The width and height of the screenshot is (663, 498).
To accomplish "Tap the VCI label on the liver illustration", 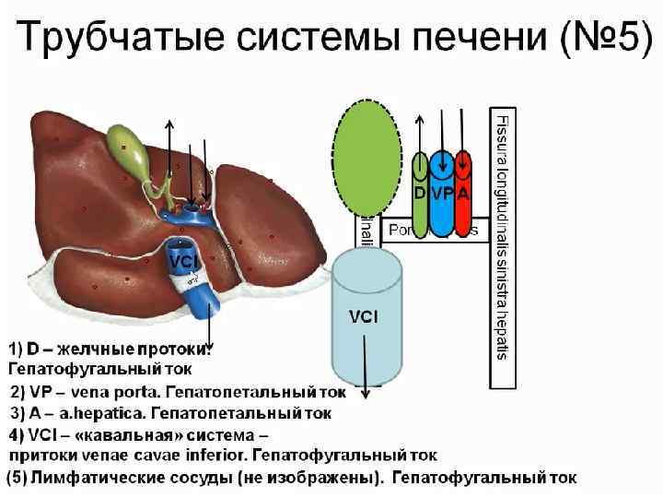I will (180, 263).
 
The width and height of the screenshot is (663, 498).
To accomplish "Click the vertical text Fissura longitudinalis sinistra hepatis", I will (502, 236).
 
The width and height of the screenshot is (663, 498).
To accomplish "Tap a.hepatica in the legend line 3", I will (95, 414).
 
